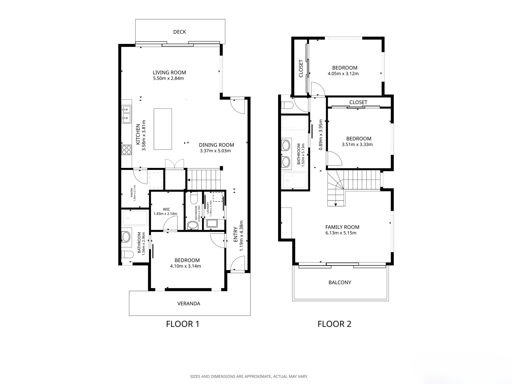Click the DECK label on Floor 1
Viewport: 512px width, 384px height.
[179, 32]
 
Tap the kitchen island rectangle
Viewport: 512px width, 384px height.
[163, 129]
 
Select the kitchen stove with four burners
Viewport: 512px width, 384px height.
[126, 150]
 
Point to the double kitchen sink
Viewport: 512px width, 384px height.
[126, 115]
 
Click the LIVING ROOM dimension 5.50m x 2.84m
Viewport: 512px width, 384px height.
[168, 78]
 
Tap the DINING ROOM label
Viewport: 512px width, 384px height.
[216, 145]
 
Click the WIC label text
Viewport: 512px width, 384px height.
[167, 209]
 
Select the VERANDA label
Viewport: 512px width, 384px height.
[189, 303]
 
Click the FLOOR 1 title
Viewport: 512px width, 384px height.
[183, 324]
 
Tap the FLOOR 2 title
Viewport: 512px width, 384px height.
[334, 324]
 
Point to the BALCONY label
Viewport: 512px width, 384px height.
[340, 282]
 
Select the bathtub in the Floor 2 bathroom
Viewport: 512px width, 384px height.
[294, 123]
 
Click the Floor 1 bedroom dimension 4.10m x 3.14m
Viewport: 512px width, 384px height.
[185, 266]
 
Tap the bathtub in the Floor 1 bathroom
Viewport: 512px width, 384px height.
[135, 218]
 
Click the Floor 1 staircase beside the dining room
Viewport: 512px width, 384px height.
[204, 179]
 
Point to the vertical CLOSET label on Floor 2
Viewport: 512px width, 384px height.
[301, 68]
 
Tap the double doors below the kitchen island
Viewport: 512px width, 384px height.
[175, 164]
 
